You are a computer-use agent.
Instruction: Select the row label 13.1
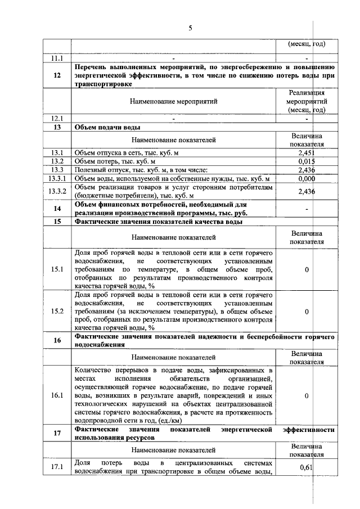click(x=57, y=152)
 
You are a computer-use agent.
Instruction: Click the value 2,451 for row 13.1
click(x=306, y=152)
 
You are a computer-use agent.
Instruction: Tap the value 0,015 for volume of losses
click(x=306, y=161)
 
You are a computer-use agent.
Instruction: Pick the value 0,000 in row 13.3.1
click(x=306, y=178)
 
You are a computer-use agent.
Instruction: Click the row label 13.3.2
click(x=57, y=191)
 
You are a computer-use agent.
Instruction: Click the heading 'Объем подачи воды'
click(x=104, y=128)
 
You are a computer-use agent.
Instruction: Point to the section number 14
click(x=57, y=209)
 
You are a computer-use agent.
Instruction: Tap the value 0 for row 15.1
click(x=307, y=270)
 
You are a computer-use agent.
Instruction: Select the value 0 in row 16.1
click(x=307, y=396)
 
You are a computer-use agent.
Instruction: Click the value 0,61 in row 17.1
click(x=306, y=467)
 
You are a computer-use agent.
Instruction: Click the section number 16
click(x=57, y=340)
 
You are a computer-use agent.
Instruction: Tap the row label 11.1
click(x=57, y=57)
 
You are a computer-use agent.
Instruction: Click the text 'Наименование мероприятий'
click(x=173, y=102)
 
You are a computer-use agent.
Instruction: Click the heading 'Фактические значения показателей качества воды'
click(x=159, y=222)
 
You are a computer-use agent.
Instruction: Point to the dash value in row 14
click(x=307, y=209)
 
